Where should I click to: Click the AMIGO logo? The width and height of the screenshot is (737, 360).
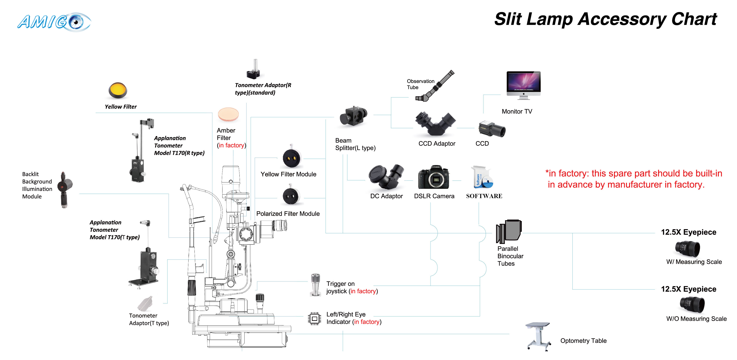pyautogui.click(x=54, y=22)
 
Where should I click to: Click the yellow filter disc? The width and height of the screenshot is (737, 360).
pyautogui.click(x=117, y=90)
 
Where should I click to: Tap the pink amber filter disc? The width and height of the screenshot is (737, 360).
pyautogui.click(x=228, y=114)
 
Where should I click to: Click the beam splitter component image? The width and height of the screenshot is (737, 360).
pyautogui.click(x=353, y=116)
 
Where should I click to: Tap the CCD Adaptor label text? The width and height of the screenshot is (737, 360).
pyautogui.click(x=437, y=143)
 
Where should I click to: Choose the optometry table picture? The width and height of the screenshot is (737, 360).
pyautogui.click(x=538, y=336)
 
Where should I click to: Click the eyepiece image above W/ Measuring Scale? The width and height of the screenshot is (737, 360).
pyautogui.click(x=688, y=249)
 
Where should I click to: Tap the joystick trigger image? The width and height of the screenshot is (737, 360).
pyautogui.click(x=315, y=285)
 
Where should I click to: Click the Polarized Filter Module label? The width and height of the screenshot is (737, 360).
pyautogui.click(x=288, y=214)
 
